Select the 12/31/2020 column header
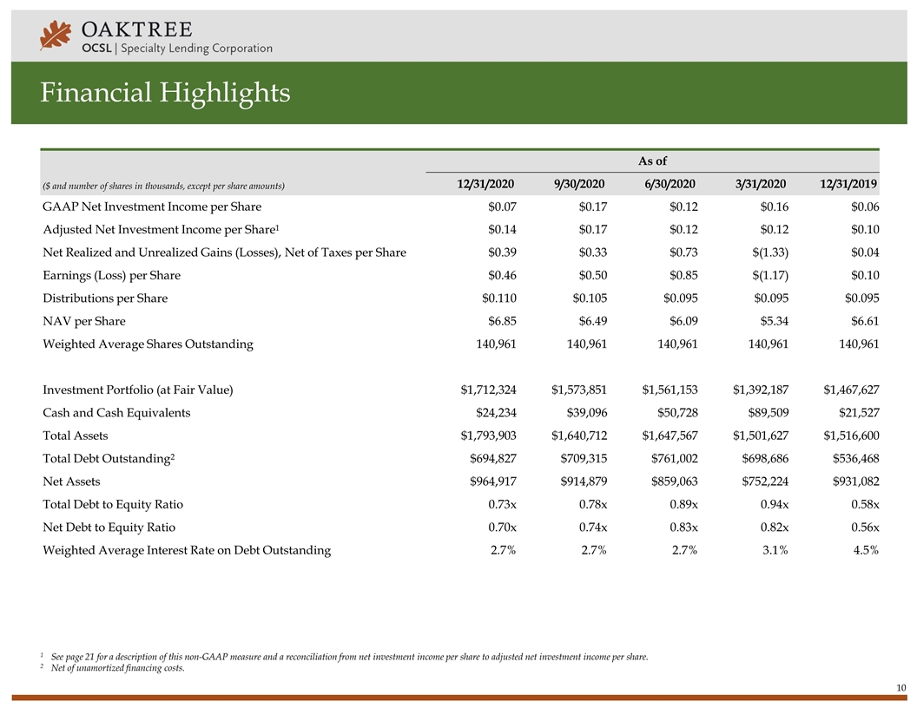pyautogui.click(x=486, y=184)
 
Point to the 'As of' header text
pyautogui.click(x=652, y=161)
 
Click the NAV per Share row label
pyautogui.click(x=83, y=321)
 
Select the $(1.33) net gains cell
pyautogui.click(x=767, y=252)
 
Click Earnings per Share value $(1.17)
pyautogui.click(x=767, y=275)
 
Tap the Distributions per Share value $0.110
pyautogui.click(x=498, y=298)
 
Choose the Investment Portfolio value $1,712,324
pyautogui.click(x=488, y=390)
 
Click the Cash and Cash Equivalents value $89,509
pyautogui.click(x=764, y=413)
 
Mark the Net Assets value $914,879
pyautogui.click(x=582, y=482)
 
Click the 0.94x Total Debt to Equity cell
pyautogui.click(x=770, y=504)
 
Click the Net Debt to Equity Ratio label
pyautogui.click(x=109, y=528)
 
